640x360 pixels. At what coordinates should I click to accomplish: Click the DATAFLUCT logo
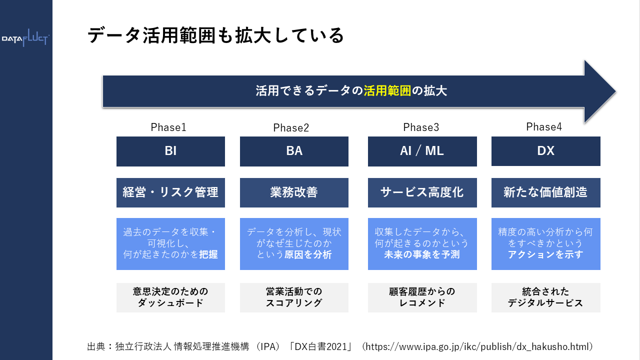[x=25, y=39]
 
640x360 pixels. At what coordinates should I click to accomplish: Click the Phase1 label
[x=168, y=127]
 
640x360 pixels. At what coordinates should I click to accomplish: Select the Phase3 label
[x=421, y=127]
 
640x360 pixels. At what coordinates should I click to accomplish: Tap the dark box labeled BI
[x=170, y=151]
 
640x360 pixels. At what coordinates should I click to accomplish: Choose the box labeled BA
[x=294, y=151]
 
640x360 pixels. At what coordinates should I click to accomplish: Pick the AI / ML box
[x=422, y=151]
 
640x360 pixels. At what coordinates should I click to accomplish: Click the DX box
[x=545, y=150]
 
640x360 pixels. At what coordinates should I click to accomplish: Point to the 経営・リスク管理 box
[x=170, y=192]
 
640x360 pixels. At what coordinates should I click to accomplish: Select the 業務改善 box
[x=294, y=192]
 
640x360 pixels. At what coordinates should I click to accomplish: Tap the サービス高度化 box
[x=422, y=192]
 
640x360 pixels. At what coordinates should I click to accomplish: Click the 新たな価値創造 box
[x=545, y=192]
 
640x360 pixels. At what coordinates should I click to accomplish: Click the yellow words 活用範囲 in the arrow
[x=387, y=91]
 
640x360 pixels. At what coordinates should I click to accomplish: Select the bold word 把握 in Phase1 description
[x=208, y=254]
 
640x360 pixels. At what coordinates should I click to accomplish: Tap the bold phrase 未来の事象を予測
[x=422, y=254]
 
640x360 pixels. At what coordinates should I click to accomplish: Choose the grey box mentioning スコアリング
[x=294, y=297]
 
